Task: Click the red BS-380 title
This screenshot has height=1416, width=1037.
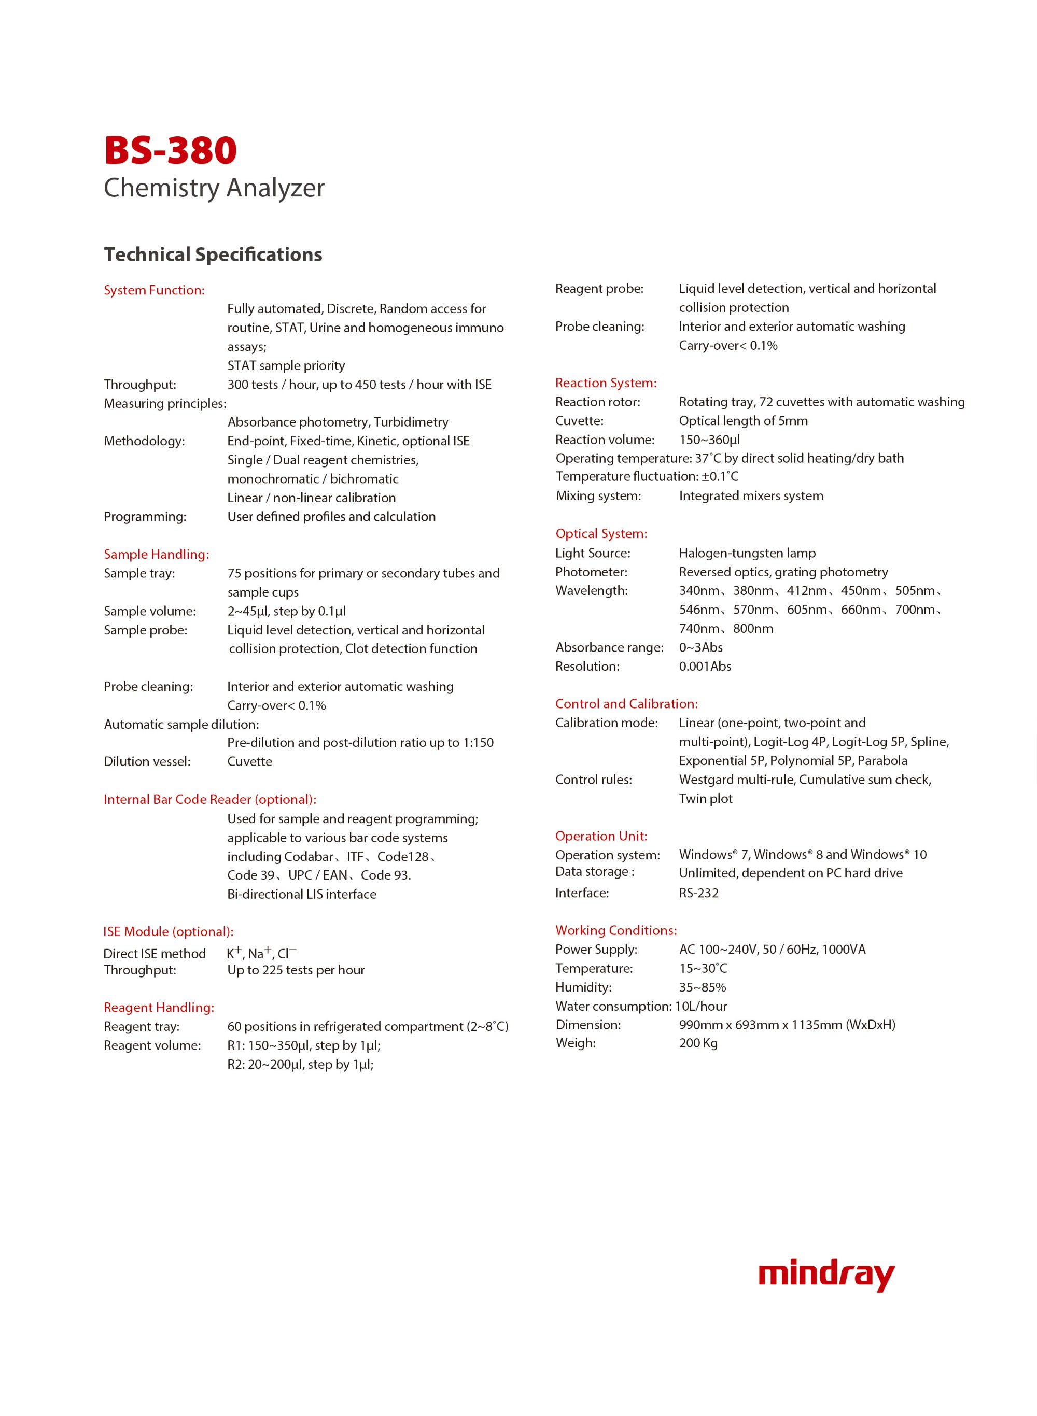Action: click(170, 151)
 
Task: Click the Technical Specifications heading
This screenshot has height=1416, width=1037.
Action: click(213, 254)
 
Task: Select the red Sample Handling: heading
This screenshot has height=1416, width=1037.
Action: click(156, 554)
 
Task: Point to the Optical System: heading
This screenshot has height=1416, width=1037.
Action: click(601, 533)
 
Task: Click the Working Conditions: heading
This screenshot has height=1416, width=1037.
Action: click(616, 930)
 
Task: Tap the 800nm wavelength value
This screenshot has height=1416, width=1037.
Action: click(753, 628)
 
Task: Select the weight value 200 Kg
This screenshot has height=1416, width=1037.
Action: click(698, 1043)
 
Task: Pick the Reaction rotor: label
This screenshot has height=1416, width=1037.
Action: click(598, 402)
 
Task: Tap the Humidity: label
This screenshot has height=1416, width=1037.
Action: click(583, 987)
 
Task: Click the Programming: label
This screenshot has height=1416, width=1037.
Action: click(145, 516)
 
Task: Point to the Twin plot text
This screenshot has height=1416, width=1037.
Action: click(706, 798)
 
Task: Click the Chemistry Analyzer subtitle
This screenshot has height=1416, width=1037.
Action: click(214, 188)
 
